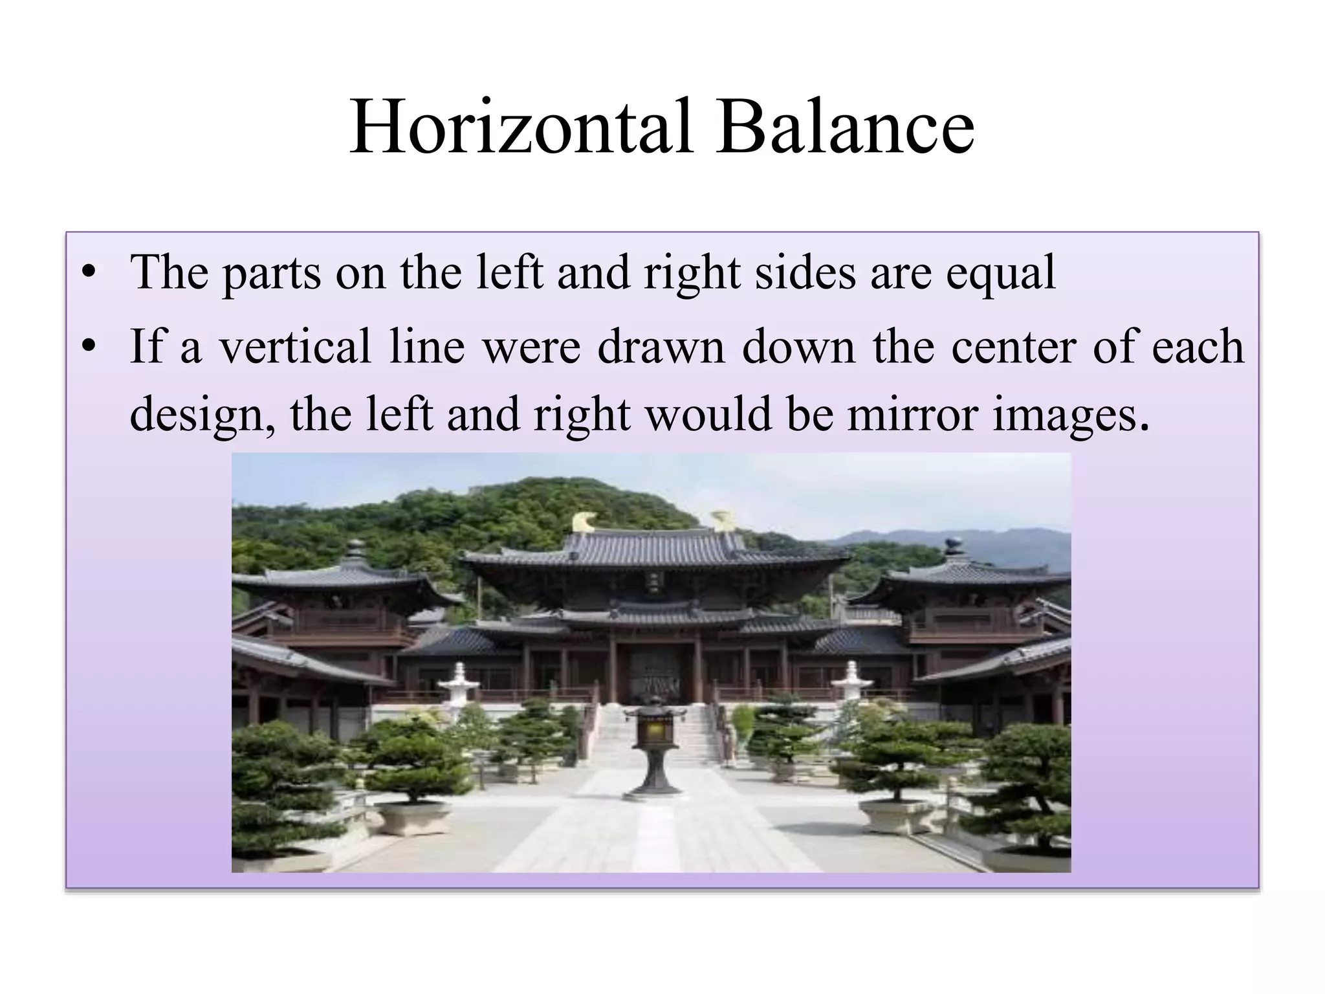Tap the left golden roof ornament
tap(584, 522)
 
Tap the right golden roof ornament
tap(723, 520)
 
